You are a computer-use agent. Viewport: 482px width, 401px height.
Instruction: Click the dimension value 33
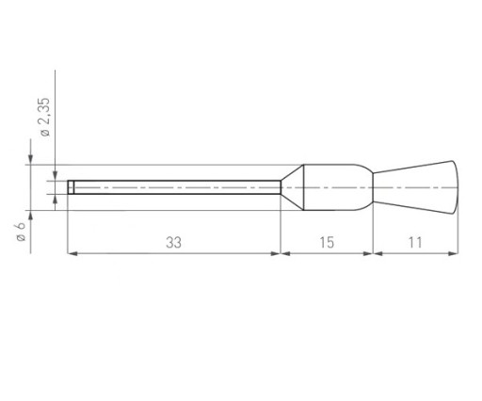(173, 243)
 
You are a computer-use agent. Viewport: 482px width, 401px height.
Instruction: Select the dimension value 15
(327, 243)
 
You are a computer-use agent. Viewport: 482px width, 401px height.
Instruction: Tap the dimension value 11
(415, 243)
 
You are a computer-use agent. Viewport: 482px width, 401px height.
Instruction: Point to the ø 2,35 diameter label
(45, 117)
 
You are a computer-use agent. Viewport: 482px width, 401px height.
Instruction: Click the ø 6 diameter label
(21, 232)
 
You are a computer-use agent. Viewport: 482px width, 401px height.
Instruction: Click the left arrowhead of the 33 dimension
(72, 253)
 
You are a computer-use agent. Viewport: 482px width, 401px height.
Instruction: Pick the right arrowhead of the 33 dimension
(275, 253)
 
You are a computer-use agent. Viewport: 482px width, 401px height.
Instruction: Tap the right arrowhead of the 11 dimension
(453, 253)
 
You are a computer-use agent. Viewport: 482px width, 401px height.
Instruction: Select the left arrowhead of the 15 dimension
(285, 253)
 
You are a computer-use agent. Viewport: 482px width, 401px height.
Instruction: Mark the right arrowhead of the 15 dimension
(368, 253)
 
